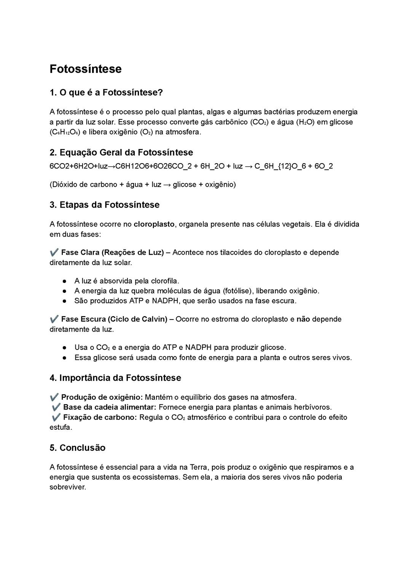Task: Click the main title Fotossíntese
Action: point(86,69)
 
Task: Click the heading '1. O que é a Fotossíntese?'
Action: point(106,92)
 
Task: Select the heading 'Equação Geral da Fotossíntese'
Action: point(126,153)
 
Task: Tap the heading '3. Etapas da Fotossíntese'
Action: point(105,205)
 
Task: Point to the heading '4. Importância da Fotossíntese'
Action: point(115,378)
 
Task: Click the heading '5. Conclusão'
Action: point(78,448)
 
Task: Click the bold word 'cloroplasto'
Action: point(154,224)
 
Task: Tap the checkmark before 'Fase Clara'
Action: point(54,252)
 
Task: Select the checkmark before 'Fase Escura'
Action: point(54,319)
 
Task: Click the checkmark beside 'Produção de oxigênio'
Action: point(54,397)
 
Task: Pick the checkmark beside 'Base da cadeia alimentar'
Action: point(56,407)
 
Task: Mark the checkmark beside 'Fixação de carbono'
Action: point(56,417)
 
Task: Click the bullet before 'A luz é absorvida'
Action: point(65,281)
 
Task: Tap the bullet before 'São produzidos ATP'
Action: point(65,301)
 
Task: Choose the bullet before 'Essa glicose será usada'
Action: point(65,358)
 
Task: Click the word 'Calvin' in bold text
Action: point(154,319)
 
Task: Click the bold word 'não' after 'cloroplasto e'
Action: point(303,319)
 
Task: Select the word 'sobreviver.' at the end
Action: point(68,487)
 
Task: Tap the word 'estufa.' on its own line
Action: point(61,427)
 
